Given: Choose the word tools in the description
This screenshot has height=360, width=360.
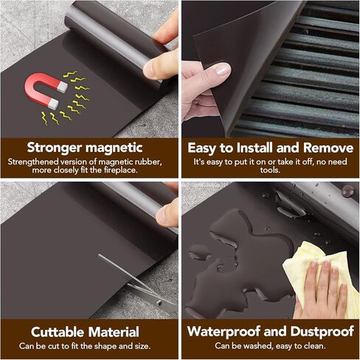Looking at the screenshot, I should click(x=270, y=170).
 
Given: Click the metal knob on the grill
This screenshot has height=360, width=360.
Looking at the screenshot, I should click(x=347, y=192).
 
